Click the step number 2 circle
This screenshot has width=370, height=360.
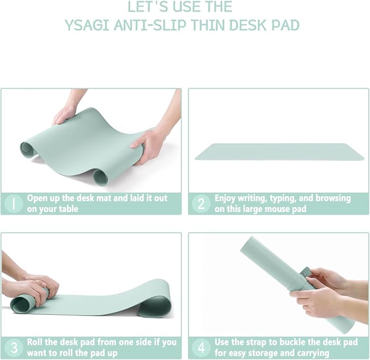click(x=201, y=203)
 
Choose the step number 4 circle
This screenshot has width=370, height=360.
click(x=201, y=347)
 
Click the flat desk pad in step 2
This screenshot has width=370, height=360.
click(x=279, y=151)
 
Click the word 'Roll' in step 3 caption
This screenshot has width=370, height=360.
click(x=36, y=342)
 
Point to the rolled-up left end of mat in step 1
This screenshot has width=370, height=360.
click(x=28, y=149)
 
